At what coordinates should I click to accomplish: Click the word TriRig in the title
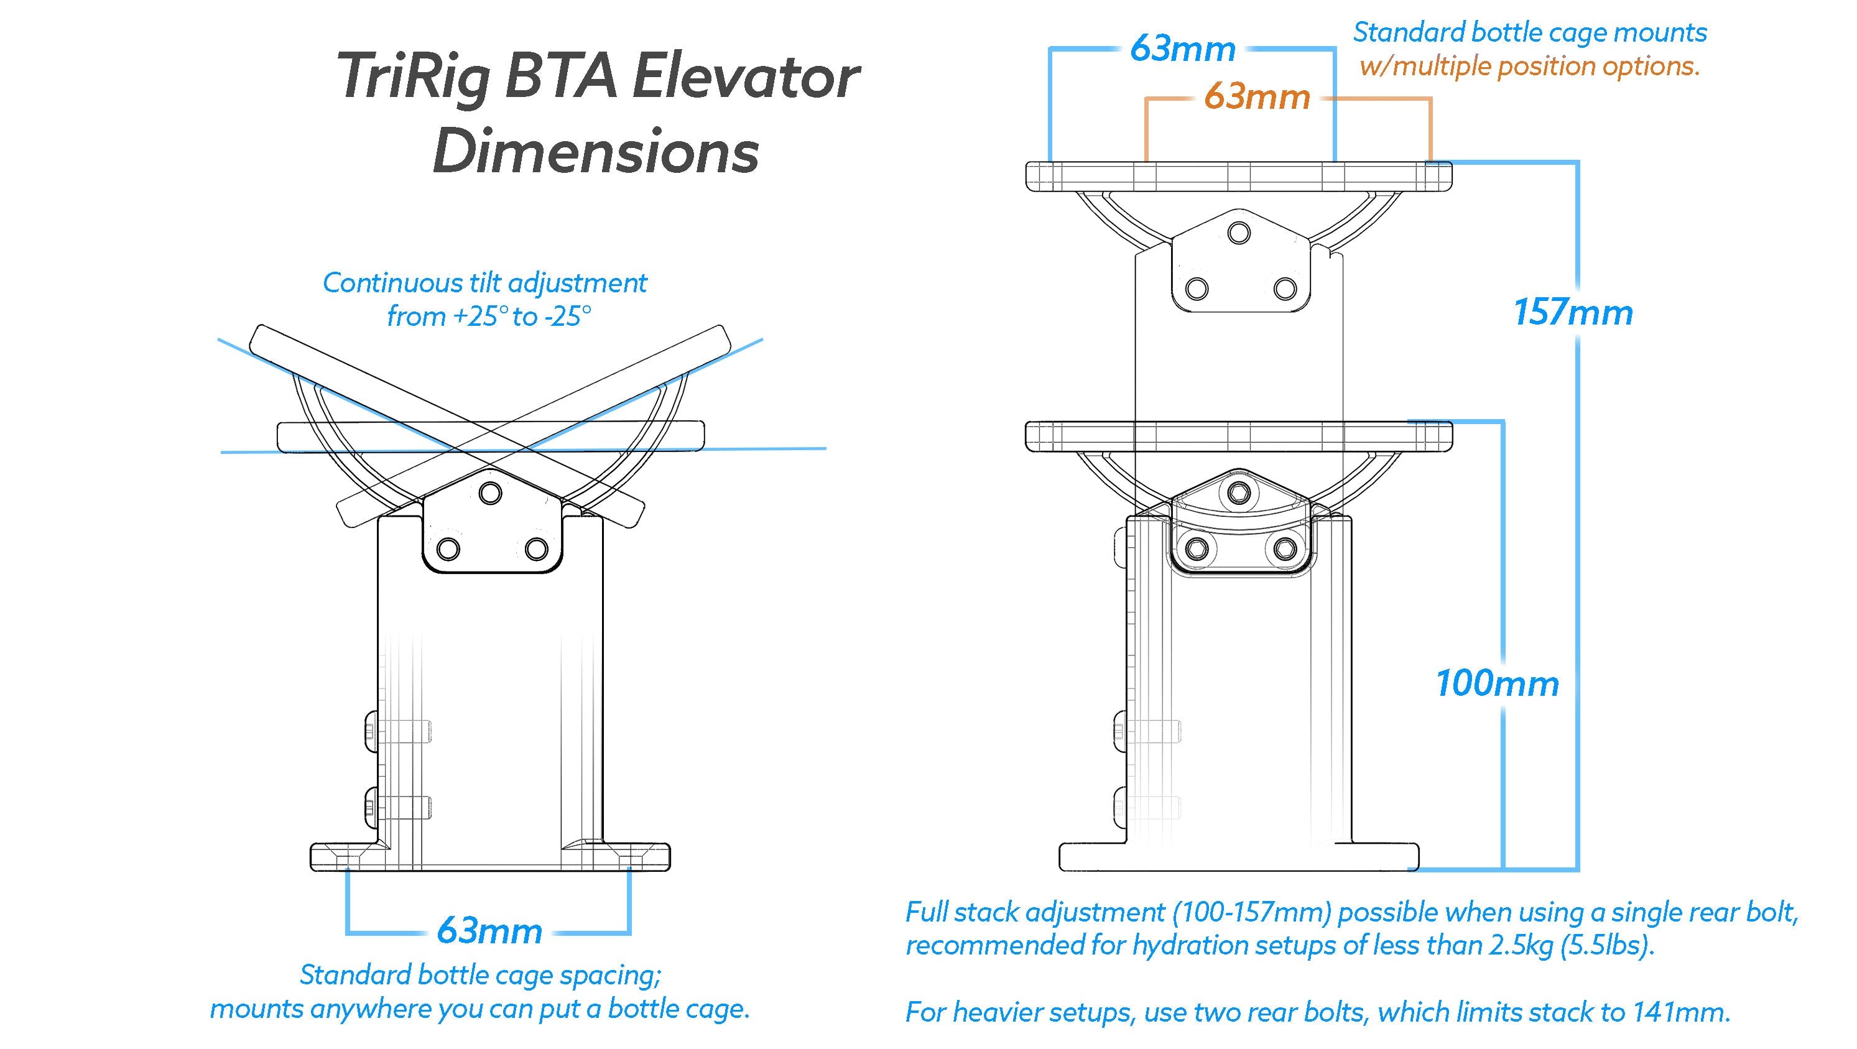(x=413, y=78)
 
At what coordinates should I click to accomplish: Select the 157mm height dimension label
(x=1572, y=313)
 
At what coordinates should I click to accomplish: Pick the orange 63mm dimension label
(x=1256, y=96)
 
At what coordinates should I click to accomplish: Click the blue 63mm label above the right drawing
(x=1183, y=49)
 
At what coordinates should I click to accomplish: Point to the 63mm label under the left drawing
(x=489, y=931)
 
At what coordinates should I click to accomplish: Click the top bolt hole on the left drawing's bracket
(x=491, y=494)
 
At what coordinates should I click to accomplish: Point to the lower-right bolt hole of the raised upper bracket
(x=1285, y=289)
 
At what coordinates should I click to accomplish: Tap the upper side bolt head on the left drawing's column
(x=371, y=728)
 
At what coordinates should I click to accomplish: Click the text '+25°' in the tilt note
(x=479, y=317)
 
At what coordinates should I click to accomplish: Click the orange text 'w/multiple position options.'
(x=1529, y=67)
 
